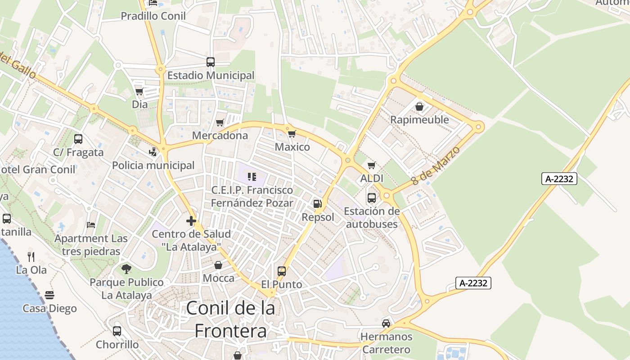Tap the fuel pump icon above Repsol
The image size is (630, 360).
pos(318,204)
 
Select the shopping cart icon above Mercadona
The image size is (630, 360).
pos(220,122)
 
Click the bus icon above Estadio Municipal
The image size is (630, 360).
pos(211,62)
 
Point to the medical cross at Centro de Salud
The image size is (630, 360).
pos(191,221)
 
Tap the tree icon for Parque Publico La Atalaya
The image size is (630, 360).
pos(126,269)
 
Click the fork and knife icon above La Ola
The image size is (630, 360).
pos(31,257)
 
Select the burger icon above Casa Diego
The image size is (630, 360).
pos(49,295)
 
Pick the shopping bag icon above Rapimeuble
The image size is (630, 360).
pos(419,107)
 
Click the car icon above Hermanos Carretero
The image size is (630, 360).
pos(386,323)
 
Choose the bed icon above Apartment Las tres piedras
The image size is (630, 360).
pos(91,225)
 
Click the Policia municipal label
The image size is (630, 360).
pos(153,165)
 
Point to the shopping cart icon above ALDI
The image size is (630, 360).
pos(371,166)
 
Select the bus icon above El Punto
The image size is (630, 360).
pos(282,271)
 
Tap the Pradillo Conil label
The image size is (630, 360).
pos(153,16)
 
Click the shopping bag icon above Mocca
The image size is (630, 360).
pos(218,265)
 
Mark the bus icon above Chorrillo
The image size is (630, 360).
pos(117,331)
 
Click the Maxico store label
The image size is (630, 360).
pos(292,147)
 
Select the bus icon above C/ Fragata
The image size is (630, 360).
pos(78,139)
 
